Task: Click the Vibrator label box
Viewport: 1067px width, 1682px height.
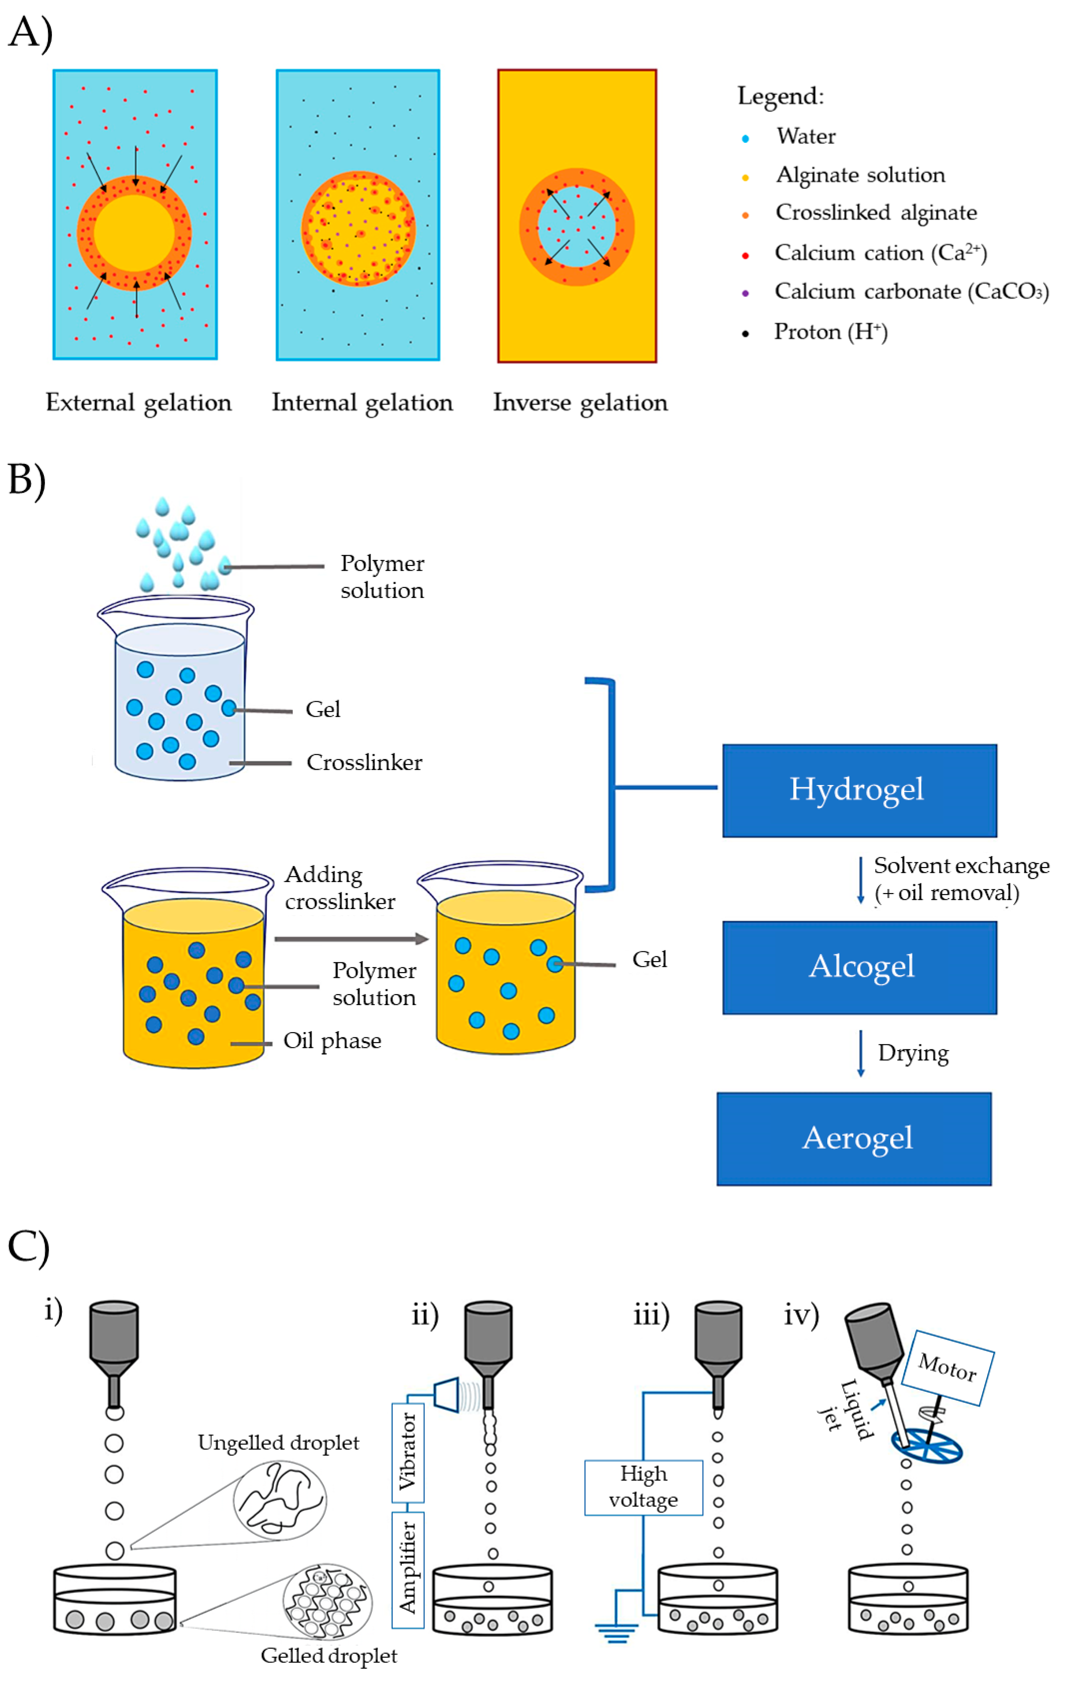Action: click(407, 1451)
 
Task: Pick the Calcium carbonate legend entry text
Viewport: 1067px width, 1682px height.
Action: click(911, 291)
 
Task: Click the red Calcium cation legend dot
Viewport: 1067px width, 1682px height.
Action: click(745, 255)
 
